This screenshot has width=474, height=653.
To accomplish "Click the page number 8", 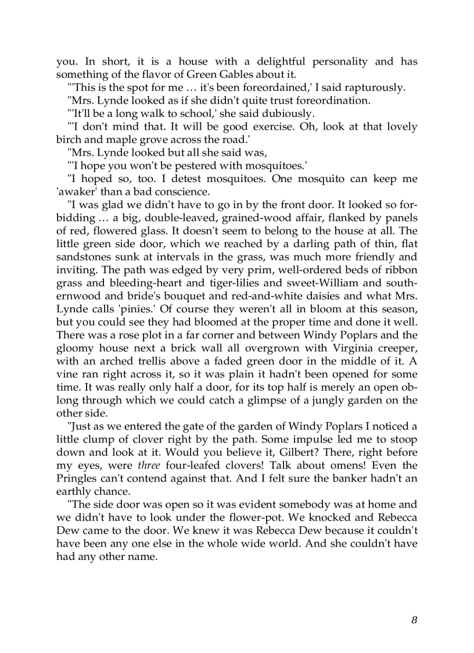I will click(414, 620).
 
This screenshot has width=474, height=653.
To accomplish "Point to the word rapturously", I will click(375, 88).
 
